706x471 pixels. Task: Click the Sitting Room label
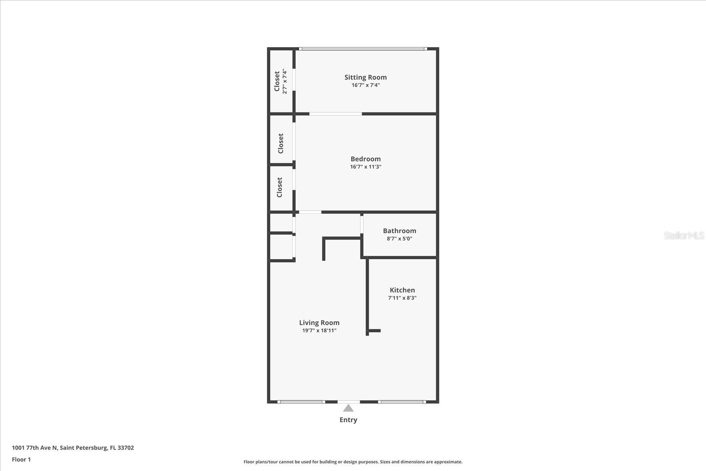click(x=365, y=77)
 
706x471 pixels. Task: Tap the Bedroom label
click(x=365, y=159)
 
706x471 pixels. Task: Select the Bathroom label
click(x=399, y=231)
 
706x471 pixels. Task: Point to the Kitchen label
click(x=402, y=290)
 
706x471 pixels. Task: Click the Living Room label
click(x=319, y=323)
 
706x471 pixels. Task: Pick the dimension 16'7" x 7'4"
click(x=365, y=85)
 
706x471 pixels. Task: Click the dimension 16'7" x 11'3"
click(x=365, y=167)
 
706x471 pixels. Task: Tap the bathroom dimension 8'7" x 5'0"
click(x=399, y=239)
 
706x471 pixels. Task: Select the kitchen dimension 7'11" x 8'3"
click(x=402, y=298)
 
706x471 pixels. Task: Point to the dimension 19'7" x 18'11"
click(x=319, y=331)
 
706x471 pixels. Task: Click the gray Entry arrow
click(x=348, y=408)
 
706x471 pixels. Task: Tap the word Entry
click(x=348, y=420)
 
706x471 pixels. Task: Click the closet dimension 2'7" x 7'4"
click(x=285, y=81)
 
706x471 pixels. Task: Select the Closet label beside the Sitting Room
click(x=277, y=81)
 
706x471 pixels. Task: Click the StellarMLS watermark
click(x=684, y=235)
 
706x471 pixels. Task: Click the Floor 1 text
click(x=21, y=460)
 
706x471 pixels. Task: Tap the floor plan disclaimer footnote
click(x=353, y=462)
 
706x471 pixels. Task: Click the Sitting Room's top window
click(x=363, y=49)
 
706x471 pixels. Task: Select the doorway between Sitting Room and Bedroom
click(x=335, y=114)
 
